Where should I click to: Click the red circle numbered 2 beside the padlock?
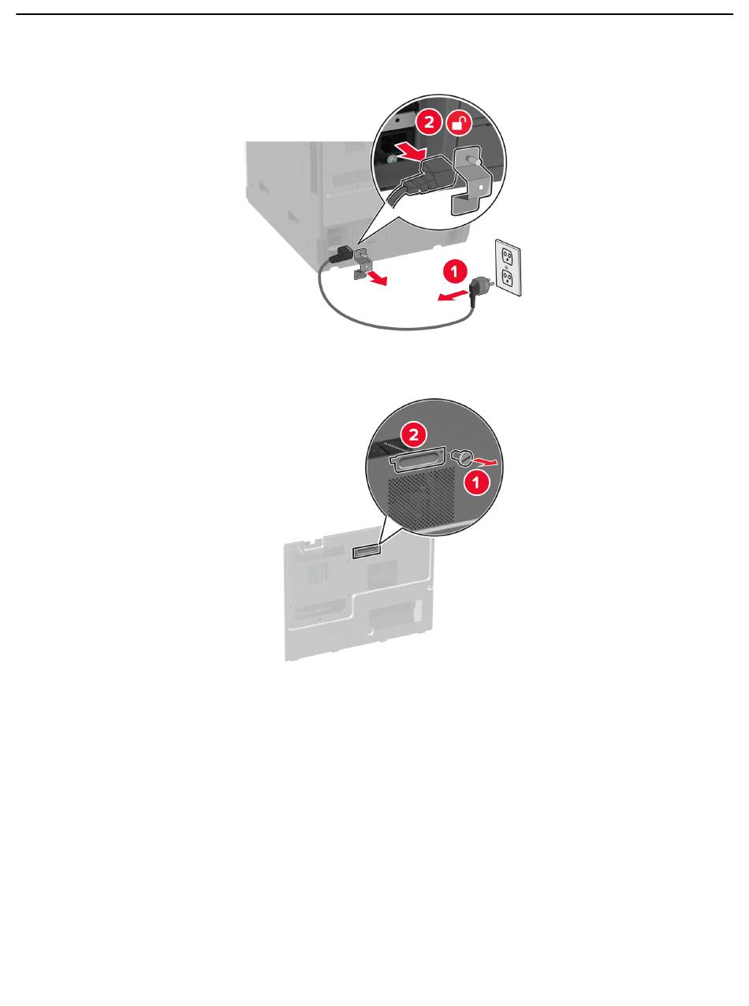(x=429, y=122)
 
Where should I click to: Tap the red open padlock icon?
(x=460, y=122)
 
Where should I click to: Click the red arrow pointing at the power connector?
(x=410, y=150)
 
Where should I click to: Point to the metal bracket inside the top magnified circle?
(x=470, y=180)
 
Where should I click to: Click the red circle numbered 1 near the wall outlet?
(x=454, y=272)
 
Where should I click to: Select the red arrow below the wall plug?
(x=453, y=296)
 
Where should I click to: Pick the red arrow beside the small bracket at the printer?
(x=378, y=279)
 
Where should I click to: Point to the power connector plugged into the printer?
(x=341, y=254)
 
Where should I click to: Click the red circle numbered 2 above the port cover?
(x=414, y=435)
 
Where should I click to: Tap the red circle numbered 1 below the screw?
(x=476, y=483)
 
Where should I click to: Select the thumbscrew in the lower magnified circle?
(x=462, y=457)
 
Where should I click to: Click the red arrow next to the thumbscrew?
(x=486, y=462)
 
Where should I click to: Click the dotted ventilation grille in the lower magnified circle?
(x=422, y=497)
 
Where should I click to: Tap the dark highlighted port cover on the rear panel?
(x=367, y=552)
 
